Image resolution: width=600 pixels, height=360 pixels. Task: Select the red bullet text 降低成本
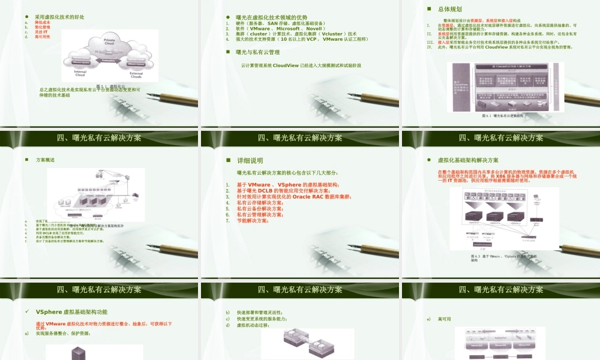click(43, 23)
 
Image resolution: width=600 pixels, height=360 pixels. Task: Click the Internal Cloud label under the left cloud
click(80, 73)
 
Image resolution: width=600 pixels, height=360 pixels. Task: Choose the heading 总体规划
click(449, 10)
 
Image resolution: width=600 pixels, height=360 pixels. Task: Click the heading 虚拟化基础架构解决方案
click(468, 160)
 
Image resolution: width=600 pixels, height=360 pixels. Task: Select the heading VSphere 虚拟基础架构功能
click(71, 312)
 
